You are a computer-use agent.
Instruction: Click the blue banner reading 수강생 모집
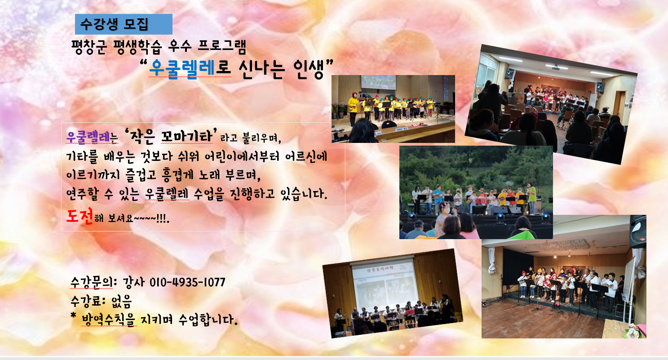coord(124,24)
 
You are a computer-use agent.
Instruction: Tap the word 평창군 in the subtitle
coord(88,47)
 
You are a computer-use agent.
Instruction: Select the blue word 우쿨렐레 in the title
coord(181,69)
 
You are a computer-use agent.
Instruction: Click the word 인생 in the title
coord(308,69)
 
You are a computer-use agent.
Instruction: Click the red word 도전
coord(80,216)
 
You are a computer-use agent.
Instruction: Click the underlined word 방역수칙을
coord(108,320)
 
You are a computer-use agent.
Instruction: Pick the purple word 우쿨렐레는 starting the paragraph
coord(92,137)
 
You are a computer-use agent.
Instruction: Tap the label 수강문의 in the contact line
coord(92,282)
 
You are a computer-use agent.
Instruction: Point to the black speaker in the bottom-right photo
coord(638,231)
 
